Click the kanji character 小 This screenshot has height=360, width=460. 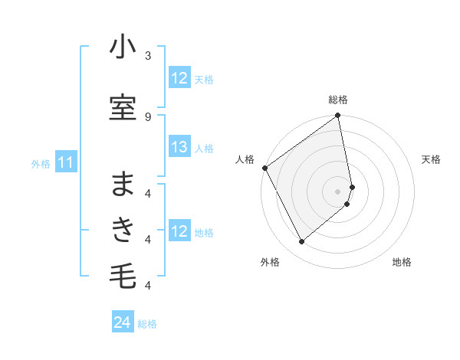pos(123,48)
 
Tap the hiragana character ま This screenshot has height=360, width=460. pos(123,185)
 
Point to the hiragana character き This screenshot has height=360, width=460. pos(123,231)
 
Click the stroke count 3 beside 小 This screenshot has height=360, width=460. pos(147,56)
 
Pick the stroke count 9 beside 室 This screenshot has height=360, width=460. pos(147,116)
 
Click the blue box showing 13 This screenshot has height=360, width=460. pos(179,148)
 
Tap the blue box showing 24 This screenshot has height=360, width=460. pos(123,323)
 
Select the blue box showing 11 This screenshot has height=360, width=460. pos(66,162)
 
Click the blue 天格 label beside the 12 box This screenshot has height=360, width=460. pos(204,79)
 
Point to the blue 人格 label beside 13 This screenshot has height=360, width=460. pos(204,149)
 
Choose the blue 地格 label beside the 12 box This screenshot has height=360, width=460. pos(204,233)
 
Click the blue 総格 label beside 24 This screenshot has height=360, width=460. pos(147,324)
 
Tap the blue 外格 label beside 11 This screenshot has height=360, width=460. pos(41,163)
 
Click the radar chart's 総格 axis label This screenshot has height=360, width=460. pos(338,100)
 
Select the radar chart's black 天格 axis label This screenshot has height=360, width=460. pos(432,159)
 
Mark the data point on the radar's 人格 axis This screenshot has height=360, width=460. pos(264,168)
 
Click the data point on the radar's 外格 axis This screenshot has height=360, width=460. pos(301,242)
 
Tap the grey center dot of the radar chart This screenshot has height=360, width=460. pos(338,191)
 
